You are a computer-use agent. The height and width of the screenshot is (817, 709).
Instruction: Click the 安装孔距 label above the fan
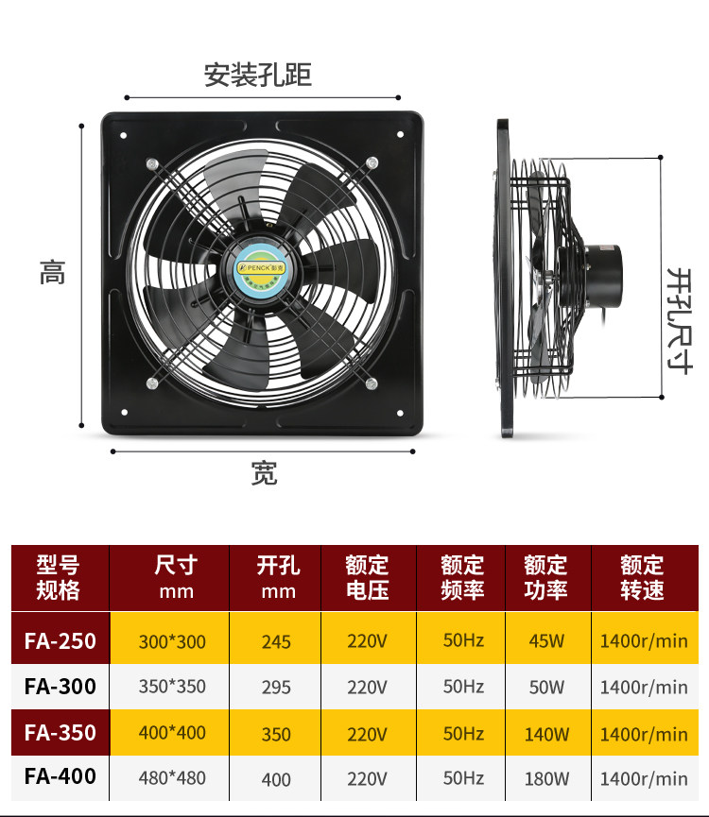click(257, 75)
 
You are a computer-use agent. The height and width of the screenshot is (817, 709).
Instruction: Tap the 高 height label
click(53, 273)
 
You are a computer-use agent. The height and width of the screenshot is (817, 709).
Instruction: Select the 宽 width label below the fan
click(264, 473)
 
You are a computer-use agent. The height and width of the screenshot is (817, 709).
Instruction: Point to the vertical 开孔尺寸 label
click(681, 321)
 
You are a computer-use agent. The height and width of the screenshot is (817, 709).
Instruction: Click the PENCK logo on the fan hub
click(261, 268)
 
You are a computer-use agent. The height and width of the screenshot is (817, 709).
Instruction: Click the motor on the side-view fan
click(591, 276)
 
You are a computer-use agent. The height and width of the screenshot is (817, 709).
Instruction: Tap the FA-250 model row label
click(60, 641)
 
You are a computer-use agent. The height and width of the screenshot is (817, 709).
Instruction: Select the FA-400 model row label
click(60, 776)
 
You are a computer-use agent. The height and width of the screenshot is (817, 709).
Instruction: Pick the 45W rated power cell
click(546, 641)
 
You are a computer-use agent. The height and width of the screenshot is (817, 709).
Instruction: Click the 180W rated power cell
click(546, 779)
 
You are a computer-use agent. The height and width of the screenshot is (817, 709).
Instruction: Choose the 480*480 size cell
click(172, 778)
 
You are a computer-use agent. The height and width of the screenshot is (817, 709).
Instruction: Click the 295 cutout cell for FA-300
click(276, 688)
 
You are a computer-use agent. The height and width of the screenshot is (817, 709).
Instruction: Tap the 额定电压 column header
click(368, 578)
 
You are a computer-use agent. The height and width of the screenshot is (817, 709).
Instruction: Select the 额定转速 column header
click(642, 578)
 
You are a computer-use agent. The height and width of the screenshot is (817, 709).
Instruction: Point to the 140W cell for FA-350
click(546, 734)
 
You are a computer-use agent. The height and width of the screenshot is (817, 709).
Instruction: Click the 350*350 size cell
click(172, 687)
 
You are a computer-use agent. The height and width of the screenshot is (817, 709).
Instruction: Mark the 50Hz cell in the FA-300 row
click(463, 687)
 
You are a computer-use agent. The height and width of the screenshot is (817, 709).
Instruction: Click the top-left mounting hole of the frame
click(124, 135)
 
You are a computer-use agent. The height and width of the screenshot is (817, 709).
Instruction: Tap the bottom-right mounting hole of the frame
click(400, 413)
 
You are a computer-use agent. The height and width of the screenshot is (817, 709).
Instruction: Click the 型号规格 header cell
click(58, 578)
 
